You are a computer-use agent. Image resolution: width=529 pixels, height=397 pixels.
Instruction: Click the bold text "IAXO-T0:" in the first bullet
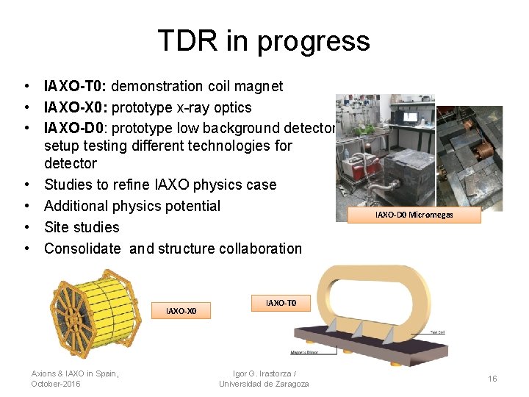tap(76, 86)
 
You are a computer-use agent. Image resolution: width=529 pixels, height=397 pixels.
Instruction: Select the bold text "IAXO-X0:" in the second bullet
tap(76, 107)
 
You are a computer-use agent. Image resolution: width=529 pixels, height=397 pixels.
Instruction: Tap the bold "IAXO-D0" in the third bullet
tap(74, 129)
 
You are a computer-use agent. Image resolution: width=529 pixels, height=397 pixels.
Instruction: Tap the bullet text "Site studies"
tap(82, 227)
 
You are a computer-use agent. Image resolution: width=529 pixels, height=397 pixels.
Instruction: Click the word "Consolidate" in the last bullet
tap(82, 248)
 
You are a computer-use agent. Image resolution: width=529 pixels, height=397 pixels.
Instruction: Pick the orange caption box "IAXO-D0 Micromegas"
tap(414, 215)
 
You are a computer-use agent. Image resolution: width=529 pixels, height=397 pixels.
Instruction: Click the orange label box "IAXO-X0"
tap(181, 311)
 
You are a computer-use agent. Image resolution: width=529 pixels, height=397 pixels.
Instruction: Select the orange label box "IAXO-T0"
tap(281, 302)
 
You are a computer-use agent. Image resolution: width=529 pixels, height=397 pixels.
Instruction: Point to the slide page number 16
tap(492, 378)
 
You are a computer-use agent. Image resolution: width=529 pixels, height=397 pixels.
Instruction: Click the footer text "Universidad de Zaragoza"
tap(264, 384)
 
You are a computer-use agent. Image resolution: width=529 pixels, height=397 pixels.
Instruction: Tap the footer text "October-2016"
tap(56, 384)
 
